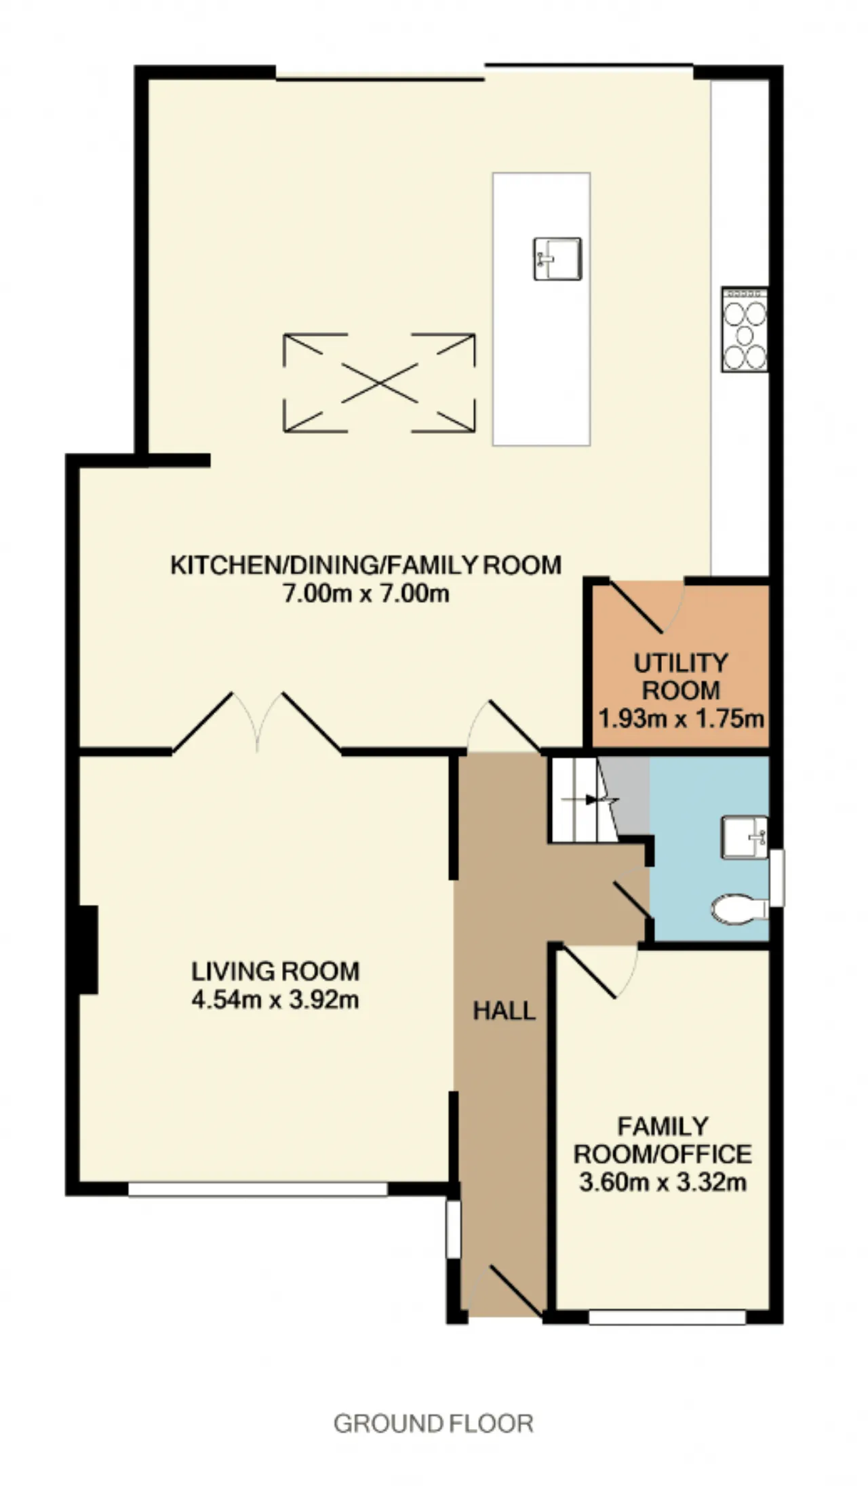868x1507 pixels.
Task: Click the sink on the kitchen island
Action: [557, 258]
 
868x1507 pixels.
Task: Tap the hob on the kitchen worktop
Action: [745, 329]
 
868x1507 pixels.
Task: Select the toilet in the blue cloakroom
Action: [739, 909]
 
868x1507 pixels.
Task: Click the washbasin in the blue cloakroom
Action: [745, 837]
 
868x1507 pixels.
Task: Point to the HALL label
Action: [504, 1011]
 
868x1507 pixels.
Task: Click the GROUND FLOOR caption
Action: [433, 1424]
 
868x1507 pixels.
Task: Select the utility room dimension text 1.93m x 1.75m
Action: [681, 718]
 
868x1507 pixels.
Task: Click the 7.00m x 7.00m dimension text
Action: [366, 593]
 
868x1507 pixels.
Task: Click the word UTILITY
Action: [681, 662]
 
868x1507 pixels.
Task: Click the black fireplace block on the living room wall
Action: [89, 950]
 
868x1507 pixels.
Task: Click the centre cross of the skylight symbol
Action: [379, 383]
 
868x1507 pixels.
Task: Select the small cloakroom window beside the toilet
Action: [776, 877]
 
